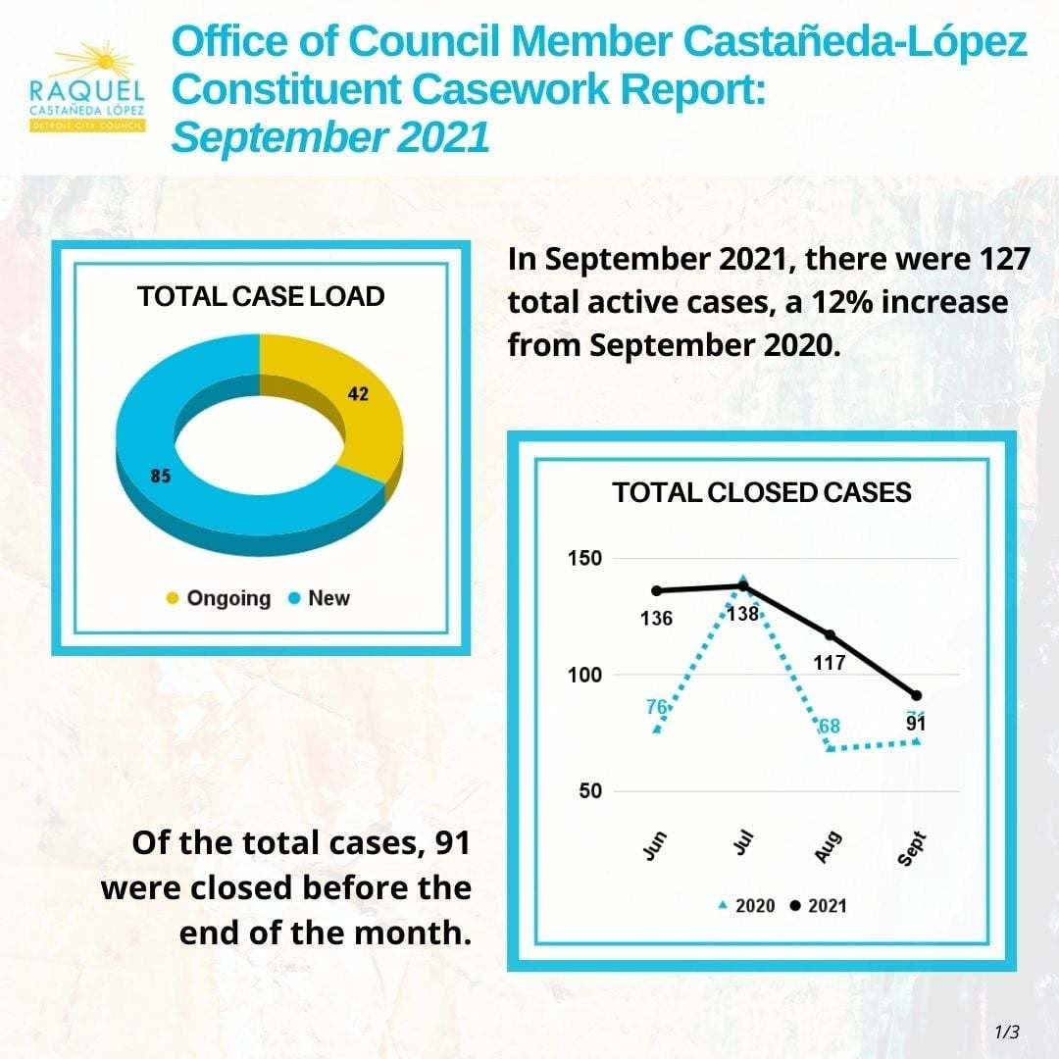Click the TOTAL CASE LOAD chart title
pyautogui.click(x=261, y=297)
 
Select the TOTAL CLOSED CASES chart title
pyautogui.click(x=762, y=492)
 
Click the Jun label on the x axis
pyautogui.click(x=656, y=845)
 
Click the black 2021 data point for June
pyautogui.click(x=657, y=590)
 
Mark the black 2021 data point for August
pyautogui.click(x=831, y=635)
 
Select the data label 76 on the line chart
pyautogui.click(x=657, y=706)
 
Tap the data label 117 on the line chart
pyautogui.click(x=830, y=664)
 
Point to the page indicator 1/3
pyautogui.click(x=1007, y=1032)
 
